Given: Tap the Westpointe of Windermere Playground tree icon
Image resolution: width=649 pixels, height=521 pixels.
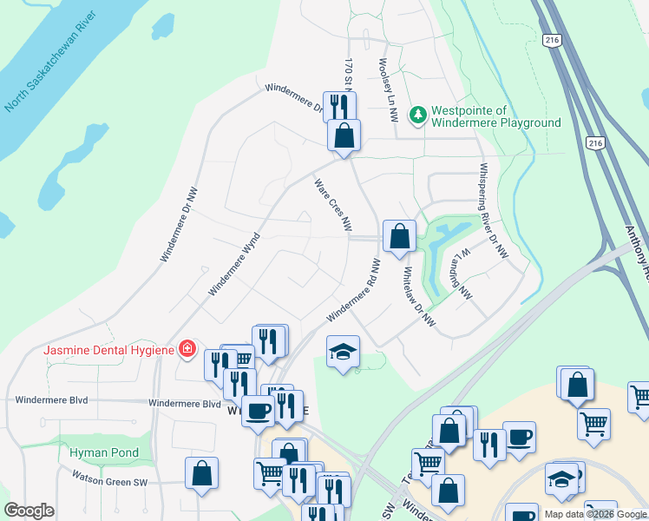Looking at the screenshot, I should coord(418,115).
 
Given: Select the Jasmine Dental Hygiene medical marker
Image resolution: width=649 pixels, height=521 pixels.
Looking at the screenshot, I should coord(186,349).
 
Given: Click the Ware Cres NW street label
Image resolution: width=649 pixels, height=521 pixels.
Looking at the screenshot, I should coord(332,205).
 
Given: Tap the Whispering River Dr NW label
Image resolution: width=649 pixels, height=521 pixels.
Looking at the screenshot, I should coord(492,211).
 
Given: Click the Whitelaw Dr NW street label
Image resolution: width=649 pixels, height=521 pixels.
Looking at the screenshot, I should coord(419,296).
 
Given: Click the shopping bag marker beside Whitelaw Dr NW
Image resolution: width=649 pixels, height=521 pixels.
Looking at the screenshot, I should coord(399,235).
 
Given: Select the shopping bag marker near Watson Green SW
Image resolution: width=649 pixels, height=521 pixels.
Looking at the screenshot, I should coord(201,473).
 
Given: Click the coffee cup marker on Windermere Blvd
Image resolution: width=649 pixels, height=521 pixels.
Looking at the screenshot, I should coord(258,409).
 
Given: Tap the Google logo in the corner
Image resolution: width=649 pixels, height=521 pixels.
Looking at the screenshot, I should coord(29,511).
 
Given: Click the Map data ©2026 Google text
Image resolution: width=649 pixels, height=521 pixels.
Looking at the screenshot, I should coord(594,514).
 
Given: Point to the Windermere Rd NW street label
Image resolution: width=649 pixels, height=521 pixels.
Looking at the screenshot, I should coord(355,289).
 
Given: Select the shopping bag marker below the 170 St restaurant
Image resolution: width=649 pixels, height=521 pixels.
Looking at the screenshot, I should coord(344,135).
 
